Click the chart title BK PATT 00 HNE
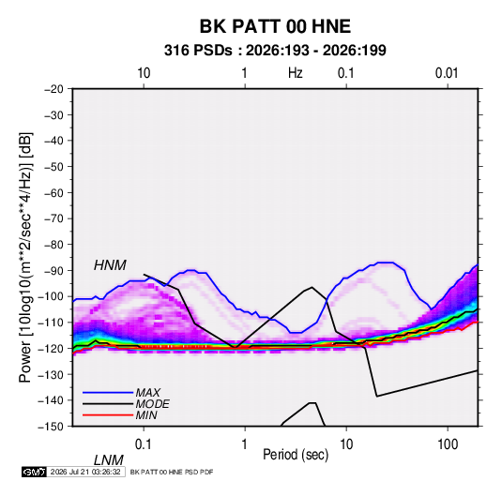point(275,26)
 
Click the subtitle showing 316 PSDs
point(275,51)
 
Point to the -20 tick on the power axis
point(53,89)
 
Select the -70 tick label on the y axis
point(53,218)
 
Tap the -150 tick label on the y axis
point(51,427)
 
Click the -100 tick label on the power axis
point(51,296)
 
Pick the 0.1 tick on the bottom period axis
point(144,444)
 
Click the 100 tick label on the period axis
point(448,444)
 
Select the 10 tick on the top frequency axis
point(144,73)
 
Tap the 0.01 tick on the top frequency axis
point(447,73)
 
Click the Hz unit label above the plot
point(296,73)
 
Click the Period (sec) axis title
point(296,455)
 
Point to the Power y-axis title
point(25,258)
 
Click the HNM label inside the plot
point(110,265)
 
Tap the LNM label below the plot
point(109,460)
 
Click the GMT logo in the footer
point(34,472)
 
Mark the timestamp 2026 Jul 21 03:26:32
point(85,472)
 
